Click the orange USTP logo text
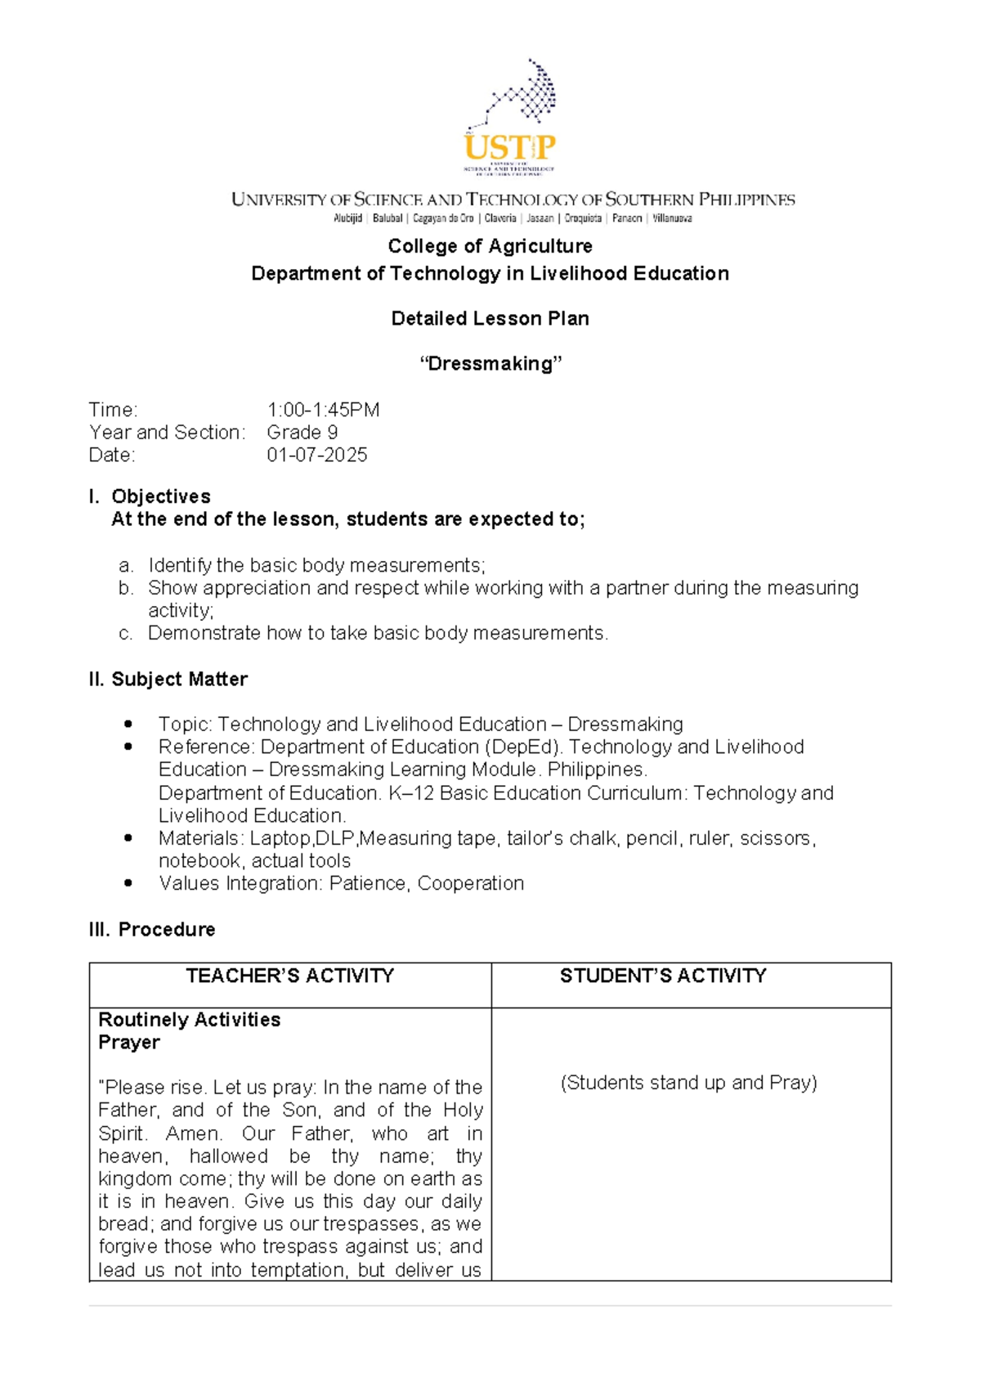pyautogui.click(x=509, y=147)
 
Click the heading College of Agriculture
pyautogui.click(x=490, y=246)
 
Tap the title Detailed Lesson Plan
pyautogui.click(x=490, y=318)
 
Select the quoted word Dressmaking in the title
pyautogui.click(x=490, y=364)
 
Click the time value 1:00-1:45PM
pyautogui.click(x=323, y=410)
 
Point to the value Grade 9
pyautogui.click(x=302, y=433)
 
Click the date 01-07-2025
pyautogui.click(x=316, y=455)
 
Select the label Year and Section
pyautogui.click(x=166, y=433)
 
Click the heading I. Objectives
pyautogui.click(x=150, y=496)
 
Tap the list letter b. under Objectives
pyautogui.click(x=125, y=588)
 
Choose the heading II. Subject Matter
pyautogui.click(x=168, y=679)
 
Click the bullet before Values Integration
pyautogui.click(x=128, y=883)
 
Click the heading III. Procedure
pyautogui.click(x=152, y=929)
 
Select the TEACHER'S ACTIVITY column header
pyautogui.click(x=289, y=976)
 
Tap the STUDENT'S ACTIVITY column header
pyautogui.click(x=663, y=976)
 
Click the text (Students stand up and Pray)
pyautogui.click(x=688, y=1083)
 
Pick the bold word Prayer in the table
pyautogui.click(x=129, y=1043)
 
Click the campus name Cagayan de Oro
pyautogui.click(x=443, y=218)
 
